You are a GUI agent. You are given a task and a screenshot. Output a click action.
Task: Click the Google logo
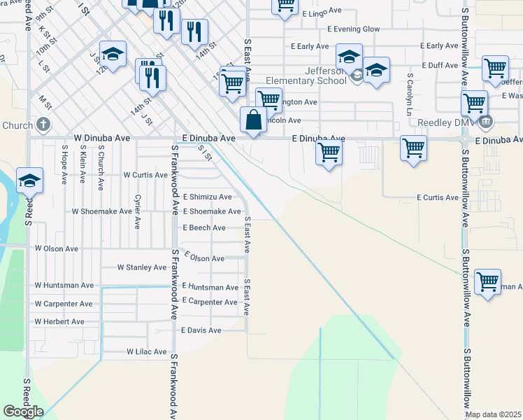23,412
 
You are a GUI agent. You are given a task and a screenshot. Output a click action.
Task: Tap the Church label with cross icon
26,125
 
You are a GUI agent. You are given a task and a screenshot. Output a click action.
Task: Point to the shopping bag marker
253,120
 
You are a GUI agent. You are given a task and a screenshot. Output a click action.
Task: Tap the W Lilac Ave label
147,352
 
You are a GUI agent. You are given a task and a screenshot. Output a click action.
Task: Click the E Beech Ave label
204,228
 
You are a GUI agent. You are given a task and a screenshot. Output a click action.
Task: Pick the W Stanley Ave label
141,267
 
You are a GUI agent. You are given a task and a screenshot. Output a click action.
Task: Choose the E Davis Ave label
201,330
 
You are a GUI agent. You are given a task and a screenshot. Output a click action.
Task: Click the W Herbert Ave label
59,322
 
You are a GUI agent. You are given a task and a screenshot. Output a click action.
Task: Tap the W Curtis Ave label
145,175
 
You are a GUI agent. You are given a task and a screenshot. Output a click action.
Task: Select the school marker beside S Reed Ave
29,181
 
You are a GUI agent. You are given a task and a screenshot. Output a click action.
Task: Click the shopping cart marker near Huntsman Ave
487,282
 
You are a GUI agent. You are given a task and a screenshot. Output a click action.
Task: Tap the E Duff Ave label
441,65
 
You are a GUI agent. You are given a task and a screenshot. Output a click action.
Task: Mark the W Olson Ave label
57,248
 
